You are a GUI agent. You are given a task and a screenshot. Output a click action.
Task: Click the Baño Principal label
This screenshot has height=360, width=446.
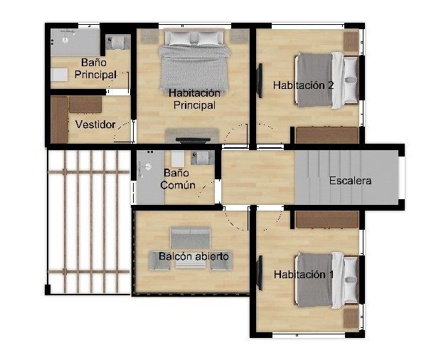95,68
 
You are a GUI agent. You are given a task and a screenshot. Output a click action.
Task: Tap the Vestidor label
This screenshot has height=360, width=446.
95,125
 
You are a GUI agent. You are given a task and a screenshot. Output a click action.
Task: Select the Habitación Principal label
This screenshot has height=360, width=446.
195,99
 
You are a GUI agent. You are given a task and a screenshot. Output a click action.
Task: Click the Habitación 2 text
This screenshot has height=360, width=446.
303,85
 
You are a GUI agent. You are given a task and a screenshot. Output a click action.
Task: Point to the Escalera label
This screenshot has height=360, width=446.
350,181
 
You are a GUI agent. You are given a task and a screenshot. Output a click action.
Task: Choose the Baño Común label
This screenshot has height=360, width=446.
178,179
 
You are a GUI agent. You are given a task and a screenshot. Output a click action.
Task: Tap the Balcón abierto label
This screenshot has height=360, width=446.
193,256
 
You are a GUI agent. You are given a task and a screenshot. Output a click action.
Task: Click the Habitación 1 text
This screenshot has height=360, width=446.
304,275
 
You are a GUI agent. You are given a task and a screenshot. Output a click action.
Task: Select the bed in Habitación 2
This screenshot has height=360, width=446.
326,80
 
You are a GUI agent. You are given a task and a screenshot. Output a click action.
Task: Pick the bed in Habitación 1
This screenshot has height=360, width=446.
326,280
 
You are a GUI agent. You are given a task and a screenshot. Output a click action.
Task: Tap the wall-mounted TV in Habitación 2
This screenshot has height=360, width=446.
260,80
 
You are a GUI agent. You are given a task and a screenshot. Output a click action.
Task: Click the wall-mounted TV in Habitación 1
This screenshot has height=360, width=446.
260,272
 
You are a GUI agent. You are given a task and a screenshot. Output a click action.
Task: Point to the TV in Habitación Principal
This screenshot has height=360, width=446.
193,139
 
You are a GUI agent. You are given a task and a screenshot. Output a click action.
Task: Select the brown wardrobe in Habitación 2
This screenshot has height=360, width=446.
326,135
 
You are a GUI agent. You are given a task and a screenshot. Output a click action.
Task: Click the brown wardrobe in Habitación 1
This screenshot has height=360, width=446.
326,219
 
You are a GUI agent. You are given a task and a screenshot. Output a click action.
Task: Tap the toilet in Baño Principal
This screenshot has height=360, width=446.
117,43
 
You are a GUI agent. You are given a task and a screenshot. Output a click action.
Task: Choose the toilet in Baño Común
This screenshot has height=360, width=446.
203,158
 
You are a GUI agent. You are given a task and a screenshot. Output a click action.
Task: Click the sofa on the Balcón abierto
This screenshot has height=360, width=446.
191,238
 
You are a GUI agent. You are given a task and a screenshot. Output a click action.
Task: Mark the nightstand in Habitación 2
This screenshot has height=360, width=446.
351,41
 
